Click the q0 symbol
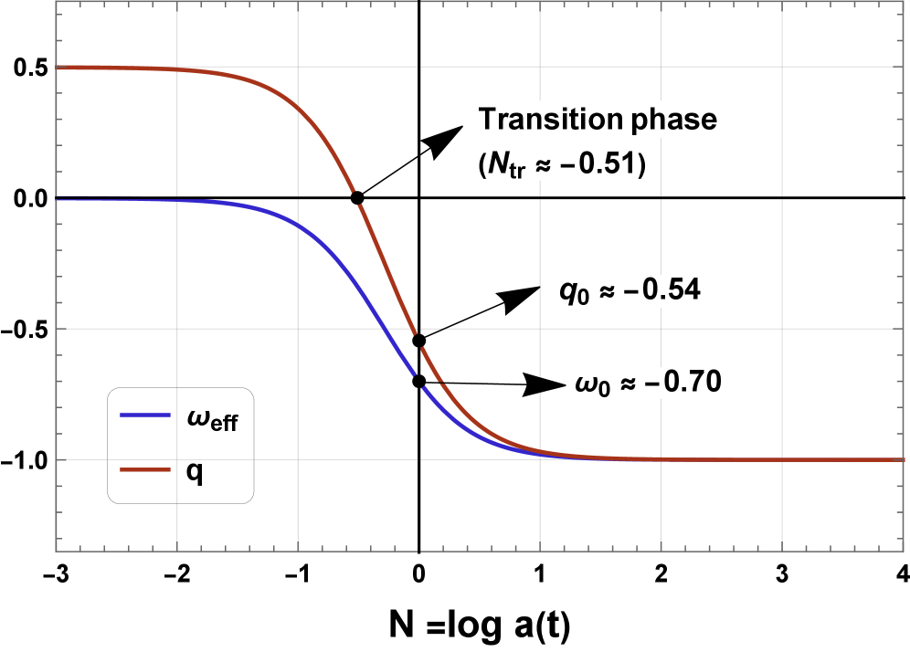[x=571, y=292]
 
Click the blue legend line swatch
[x=145, y=415]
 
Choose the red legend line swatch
[x=145, y=470]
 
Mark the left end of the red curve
[x=58, y=68]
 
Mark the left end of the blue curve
[x=58, y=197]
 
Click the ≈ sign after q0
[x=604, y=292]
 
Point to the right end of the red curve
[x=903, y=459]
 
